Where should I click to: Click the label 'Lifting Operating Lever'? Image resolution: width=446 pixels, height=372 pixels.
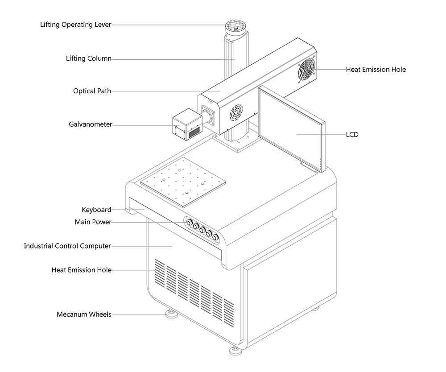point(75,25)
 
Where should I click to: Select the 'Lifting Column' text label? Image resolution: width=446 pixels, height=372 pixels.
point(88,58)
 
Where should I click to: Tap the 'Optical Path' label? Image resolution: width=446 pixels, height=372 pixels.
point(92,91)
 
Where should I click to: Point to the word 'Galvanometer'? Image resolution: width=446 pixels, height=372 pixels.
point(91,124)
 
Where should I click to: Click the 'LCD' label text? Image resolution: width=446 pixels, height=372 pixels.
point(352,134)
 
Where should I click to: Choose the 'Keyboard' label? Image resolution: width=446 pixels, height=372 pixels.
point(96,210)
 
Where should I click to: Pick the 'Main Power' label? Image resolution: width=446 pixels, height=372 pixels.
point(93,222)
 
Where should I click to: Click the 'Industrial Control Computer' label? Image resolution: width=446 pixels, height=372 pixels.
point(67,246)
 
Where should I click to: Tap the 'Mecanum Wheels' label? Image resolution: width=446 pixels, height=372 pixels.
point(84,314)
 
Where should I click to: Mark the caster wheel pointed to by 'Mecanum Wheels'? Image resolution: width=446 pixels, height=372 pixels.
point(171,314)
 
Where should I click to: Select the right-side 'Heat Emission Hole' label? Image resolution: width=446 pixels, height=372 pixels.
point(376,70)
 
